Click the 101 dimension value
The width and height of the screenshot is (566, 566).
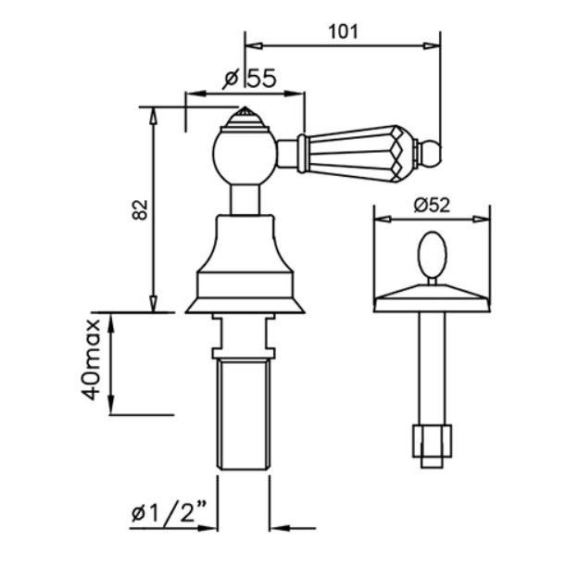(343, 31)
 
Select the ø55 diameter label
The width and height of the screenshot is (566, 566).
(249, 78)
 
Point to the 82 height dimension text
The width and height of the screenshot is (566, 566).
(140, 209)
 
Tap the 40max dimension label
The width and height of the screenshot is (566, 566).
(90, 359)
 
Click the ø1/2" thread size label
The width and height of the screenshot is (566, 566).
(169, 513)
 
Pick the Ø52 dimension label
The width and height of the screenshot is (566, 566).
(432, 206)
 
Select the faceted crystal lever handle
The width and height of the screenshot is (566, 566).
(358, 153)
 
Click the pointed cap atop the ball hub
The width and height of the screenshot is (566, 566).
(245, 118)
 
